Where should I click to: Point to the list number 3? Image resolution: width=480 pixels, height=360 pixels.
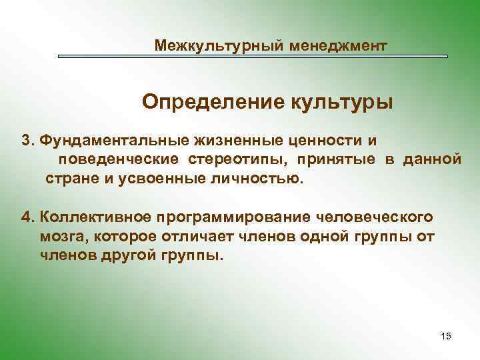coord(27,141)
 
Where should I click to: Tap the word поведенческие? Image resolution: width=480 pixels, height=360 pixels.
coord(118,160)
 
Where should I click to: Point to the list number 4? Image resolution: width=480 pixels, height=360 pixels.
coord(27,217)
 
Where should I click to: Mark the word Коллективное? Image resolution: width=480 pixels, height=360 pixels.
coord(95,217)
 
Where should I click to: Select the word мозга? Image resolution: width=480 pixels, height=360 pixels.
coord(63,237)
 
